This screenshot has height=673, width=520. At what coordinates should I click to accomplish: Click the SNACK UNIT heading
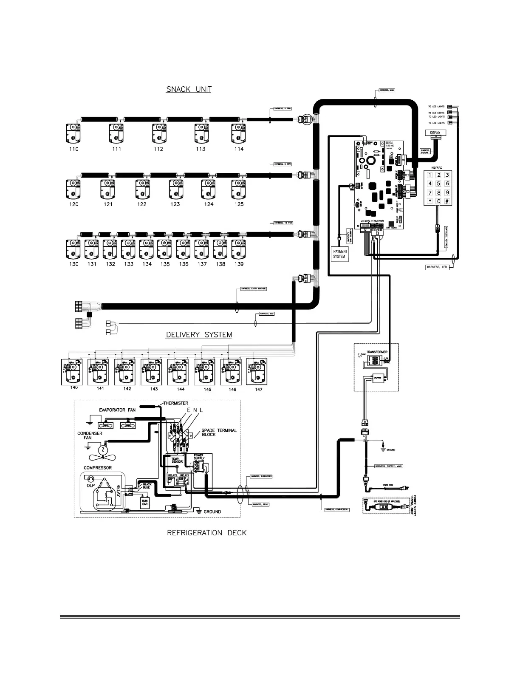189,89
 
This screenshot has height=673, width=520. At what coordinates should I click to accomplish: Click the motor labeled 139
239,249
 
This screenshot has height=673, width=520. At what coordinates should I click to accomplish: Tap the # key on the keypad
447,201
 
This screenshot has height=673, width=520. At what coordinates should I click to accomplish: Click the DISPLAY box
435,133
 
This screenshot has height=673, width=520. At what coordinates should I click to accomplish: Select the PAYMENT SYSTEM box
339,254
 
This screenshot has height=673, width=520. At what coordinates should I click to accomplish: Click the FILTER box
378,376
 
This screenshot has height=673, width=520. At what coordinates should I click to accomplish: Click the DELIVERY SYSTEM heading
198,335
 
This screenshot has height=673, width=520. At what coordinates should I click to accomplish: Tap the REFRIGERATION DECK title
206,533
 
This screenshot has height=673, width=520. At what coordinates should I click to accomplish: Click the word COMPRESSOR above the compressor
98,468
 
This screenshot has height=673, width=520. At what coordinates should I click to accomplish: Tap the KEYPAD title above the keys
436,168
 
